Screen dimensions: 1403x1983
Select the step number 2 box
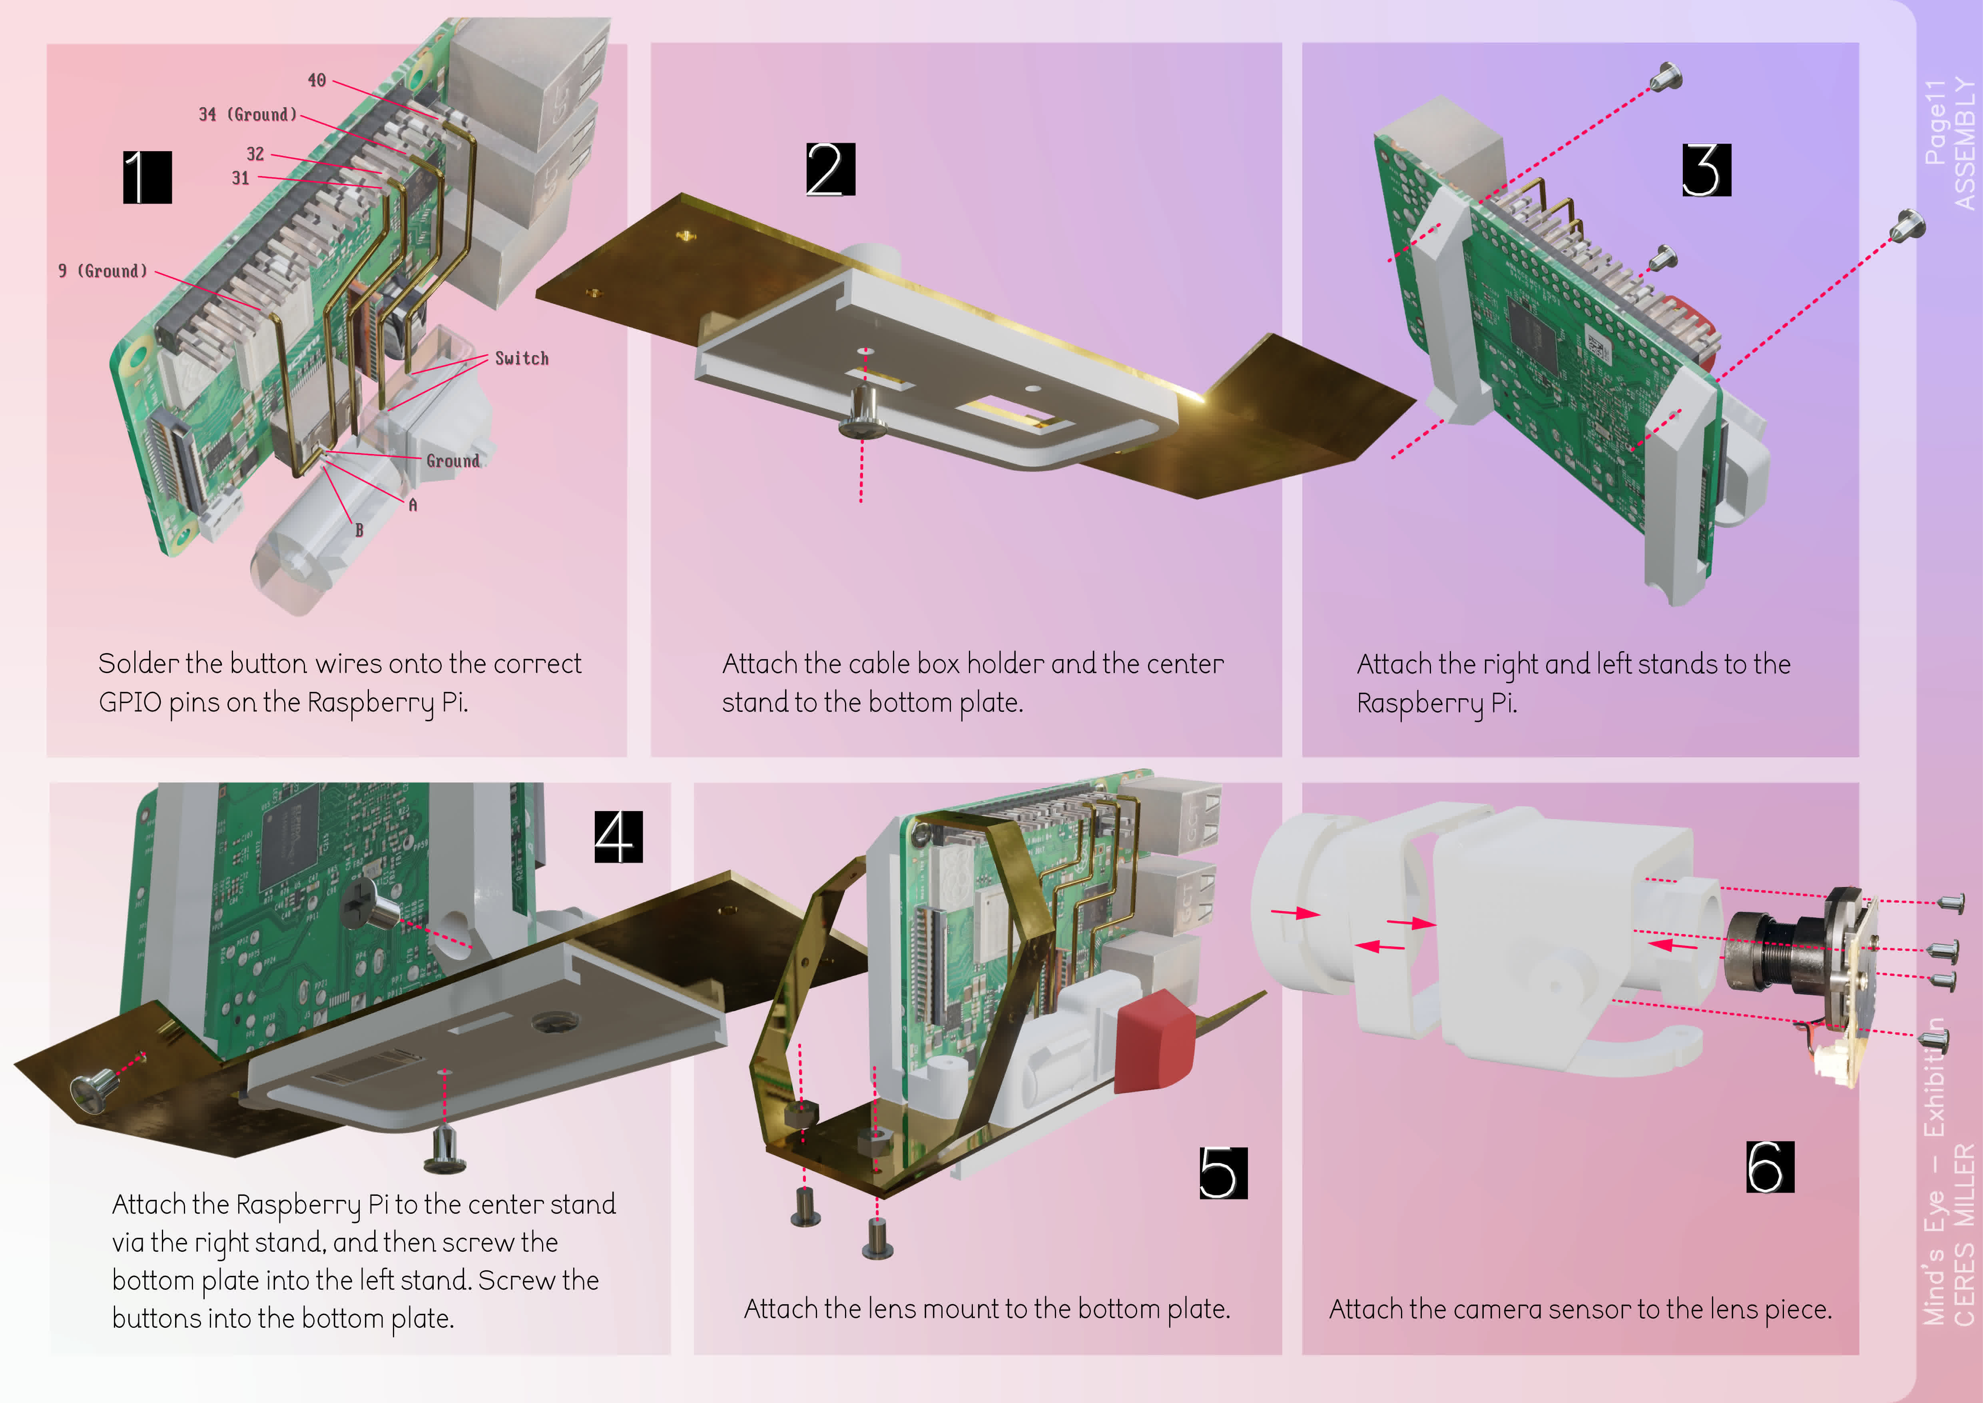tap(830, 169)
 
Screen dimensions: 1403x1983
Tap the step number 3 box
tap(1706, 170)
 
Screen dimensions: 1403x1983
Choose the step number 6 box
tap(1769, 1166)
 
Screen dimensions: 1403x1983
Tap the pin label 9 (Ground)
tap(103, 271)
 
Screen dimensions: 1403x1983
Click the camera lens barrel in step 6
tap(1770, 955)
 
